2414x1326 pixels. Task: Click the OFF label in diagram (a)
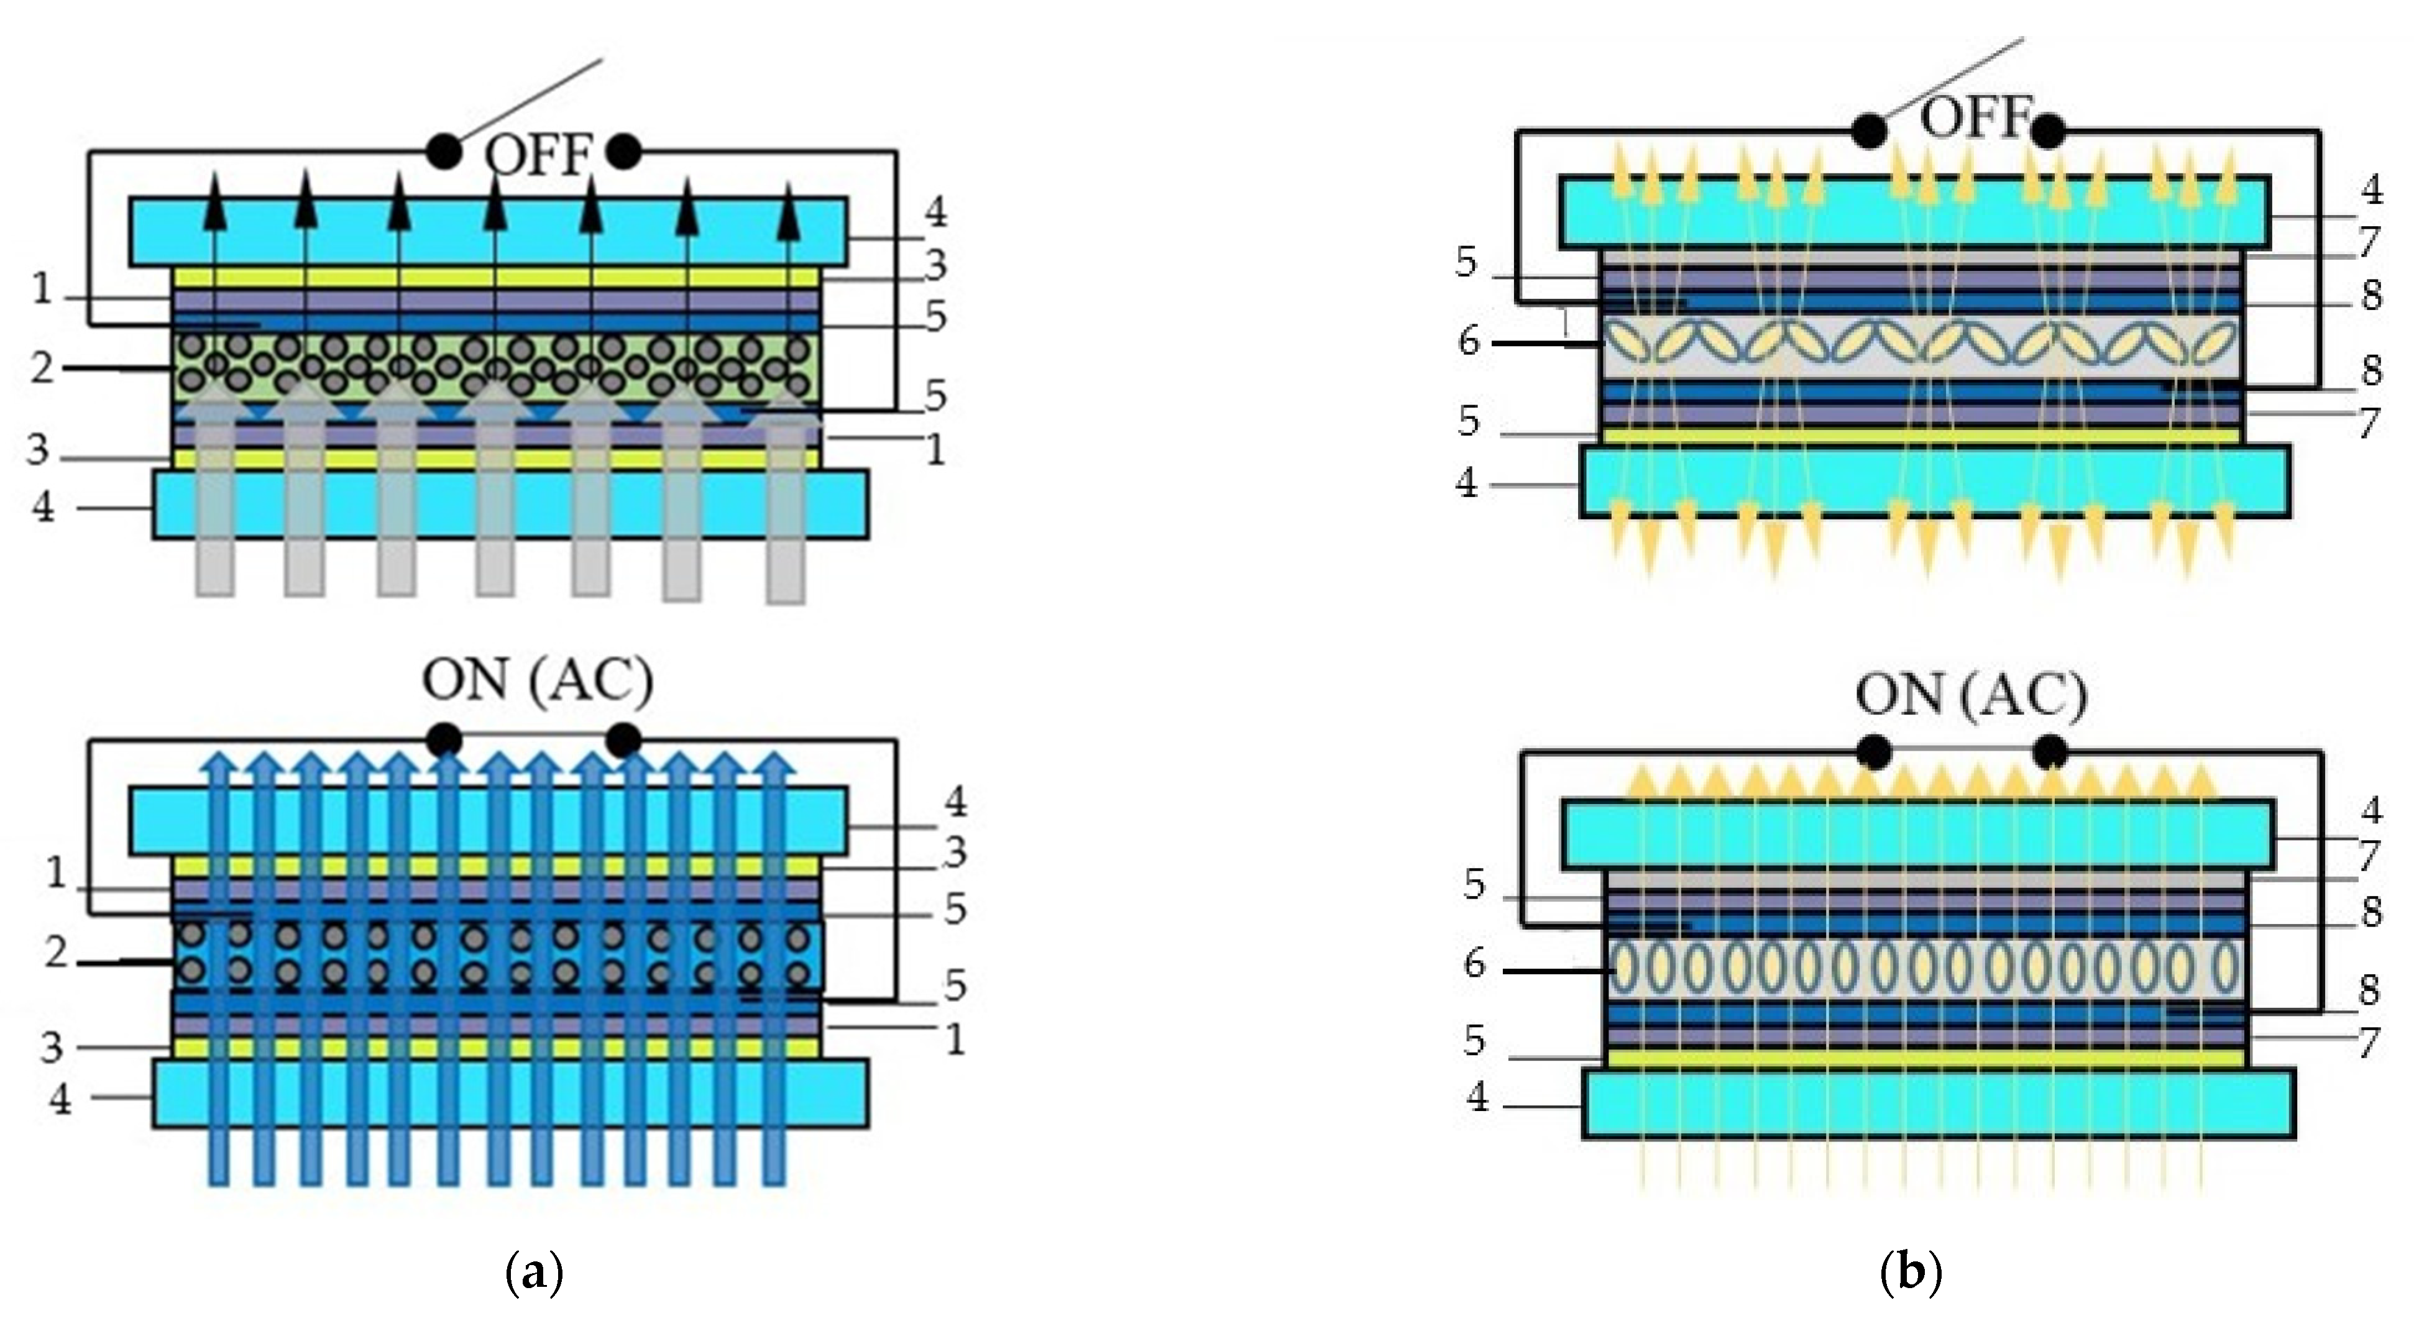point(538,155)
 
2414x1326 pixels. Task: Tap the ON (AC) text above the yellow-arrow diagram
point(1971,699)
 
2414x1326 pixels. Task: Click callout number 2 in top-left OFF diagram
point(41,368)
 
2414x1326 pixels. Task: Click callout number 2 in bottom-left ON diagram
point(56,954)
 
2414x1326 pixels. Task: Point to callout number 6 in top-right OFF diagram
point(1469,342)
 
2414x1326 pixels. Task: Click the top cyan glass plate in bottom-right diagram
point(1916,834)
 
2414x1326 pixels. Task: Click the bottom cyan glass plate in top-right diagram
point(1935,481)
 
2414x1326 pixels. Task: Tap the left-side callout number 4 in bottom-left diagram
point(60,1099)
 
